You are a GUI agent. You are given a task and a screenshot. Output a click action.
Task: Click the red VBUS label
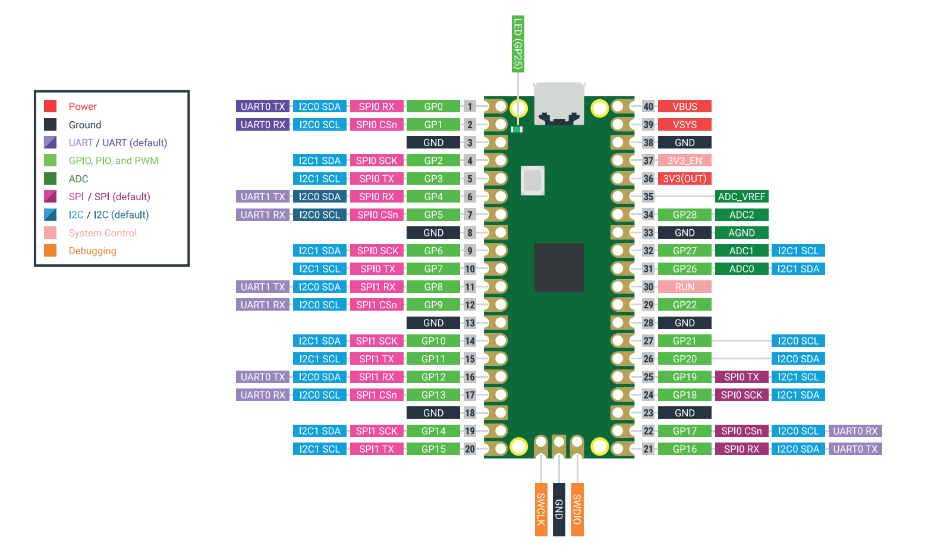(x=684, y=106)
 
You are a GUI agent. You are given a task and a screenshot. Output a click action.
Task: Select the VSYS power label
(x=684, y=125)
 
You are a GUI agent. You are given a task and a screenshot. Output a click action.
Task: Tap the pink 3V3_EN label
(x=684, y=160)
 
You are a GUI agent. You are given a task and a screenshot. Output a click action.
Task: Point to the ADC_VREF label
(x=741, y=197)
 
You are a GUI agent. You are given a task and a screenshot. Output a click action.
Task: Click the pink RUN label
(x=684, y=287)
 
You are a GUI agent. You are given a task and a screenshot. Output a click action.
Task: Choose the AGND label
(x=741, y=233)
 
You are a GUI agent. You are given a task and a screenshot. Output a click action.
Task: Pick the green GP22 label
(x=684, y=305)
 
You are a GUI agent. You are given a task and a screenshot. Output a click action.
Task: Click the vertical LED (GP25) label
(x=518, y=44)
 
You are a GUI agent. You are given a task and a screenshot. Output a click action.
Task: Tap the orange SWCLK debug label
(x=541, y=509)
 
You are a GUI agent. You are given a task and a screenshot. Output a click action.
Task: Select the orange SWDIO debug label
(x=577, y=509)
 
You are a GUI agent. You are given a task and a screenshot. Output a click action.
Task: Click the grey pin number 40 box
(x=648, y=106)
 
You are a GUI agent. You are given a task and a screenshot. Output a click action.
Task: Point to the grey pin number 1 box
(x=470, y=106)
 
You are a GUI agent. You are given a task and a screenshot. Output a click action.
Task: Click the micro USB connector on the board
(x=559, y=103)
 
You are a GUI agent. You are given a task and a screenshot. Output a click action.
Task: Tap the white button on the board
(x=533, y=181)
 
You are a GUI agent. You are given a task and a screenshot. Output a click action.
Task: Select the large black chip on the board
(x=559, y=267)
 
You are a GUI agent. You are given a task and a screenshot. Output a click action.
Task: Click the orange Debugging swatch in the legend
(x=51, y=251)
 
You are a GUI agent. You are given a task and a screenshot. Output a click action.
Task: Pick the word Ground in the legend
(x=85, y=125)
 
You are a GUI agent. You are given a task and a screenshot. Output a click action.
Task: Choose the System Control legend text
(x=103, y=233)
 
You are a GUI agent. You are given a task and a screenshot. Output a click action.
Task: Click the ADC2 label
(x=741, y=214)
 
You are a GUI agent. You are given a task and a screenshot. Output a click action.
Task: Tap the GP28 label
(x=684, y=214)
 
